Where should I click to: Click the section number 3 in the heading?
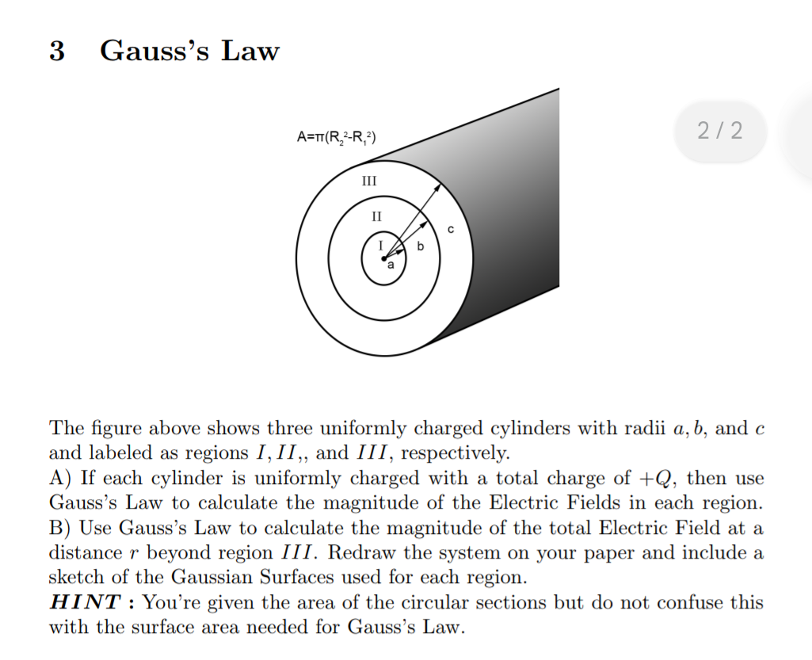pyautogui.click(x=56, y=52)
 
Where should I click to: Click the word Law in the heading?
pyautogui.click(x=250, y=52)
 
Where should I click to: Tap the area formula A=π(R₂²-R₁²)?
pyautogui.click(x=336, y=139)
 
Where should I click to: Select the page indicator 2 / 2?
pyautogui.click(x=721, y=131)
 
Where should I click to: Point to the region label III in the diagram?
pyautogui.click(x=368, y=181)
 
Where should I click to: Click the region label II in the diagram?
pyautogui.click(x=377, y=215)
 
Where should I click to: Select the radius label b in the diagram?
pyautogui.click(x=420, y=246)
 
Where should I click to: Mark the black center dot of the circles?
pyautogui.click(x=383, y=258)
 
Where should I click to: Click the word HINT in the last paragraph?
pyautogui.click(x=84, y=602)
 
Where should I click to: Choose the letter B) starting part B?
pyautogui.click(x=60, y=528)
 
